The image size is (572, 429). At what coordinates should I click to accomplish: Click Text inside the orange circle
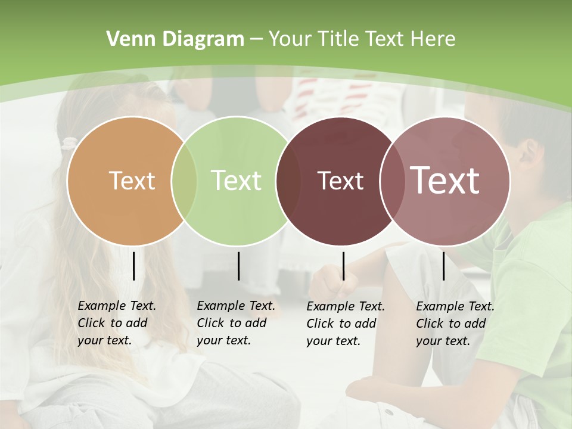(132, 181)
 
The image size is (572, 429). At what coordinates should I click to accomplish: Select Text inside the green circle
(236, 181)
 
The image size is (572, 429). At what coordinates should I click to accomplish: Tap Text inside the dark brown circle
(340, 181)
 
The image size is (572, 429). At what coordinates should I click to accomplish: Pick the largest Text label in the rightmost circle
(444, 181)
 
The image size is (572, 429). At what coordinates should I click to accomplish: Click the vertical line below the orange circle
(133, 266)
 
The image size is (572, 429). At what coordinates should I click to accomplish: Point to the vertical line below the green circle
(238, 266)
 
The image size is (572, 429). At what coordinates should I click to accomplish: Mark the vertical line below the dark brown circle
(343, 266)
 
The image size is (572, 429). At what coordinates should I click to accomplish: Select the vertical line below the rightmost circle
(443, 266)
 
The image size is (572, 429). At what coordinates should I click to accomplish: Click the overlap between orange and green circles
(184, 181)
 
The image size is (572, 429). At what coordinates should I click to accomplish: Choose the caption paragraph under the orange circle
(116, 323)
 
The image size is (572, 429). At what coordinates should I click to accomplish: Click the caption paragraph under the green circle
(235, 323)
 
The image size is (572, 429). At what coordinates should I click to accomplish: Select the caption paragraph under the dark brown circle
(345, 324)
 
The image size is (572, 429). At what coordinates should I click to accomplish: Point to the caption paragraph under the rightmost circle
(455, 324)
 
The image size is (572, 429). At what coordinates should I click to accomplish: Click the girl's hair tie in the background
(70, 144)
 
